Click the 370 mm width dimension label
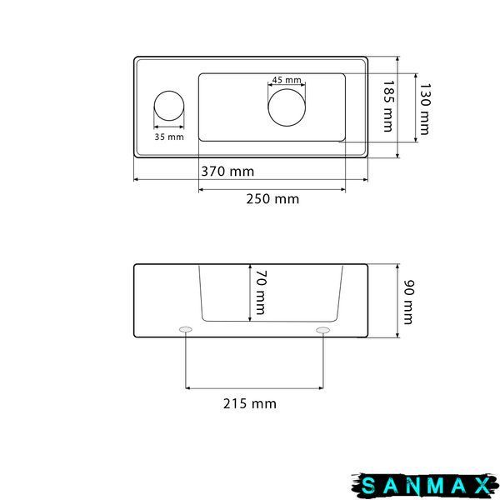227,172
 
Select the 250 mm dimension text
272,199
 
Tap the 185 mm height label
388,106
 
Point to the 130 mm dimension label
425,109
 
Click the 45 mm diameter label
287,80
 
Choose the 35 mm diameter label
169,137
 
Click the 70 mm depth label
260,292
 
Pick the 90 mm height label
408,302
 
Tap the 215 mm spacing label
250,403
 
